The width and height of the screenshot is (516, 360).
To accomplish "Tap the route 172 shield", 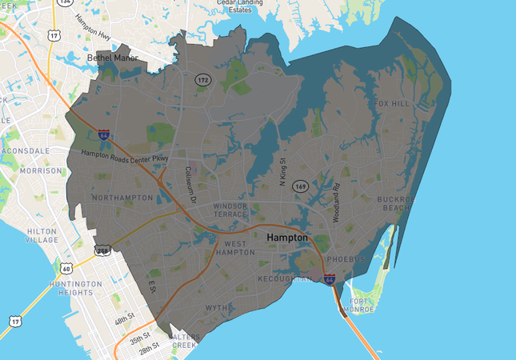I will (x=204, y=80).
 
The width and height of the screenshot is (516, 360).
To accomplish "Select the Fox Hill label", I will (x=392, y=104).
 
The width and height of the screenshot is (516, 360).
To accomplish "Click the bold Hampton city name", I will (x=286, y=238).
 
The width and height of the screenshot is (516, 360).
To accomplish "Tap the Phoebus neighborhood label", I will (x=346, y=259).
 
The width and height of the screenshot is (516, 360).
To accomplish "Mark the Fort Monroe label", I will (x=365, y=306).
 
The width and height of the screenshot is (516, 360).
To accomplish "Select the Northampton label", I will (x=122, y=197).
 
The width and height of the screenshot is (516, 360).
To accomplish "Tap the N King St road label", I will (x=282, y=171).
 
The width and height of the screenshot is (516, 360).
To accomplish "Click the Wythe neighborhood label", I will (x=218, y=307).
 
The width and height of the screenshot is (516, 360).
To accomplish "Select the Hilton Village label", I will (x=42, y=235).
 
